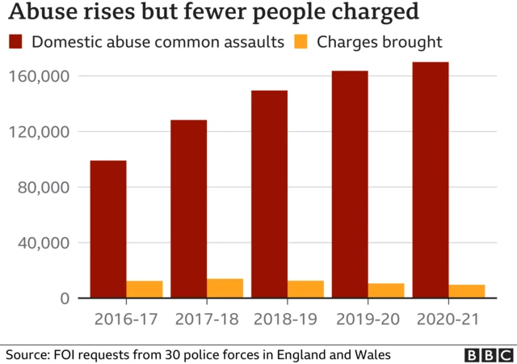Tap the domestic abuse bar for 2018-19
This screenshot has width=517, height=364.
click(x=269, y=194)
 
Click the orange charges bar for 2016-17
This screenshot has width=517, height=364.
click(x=145, y=290)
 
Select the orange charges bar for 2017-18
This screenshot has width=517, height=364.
click(x=225, y=289)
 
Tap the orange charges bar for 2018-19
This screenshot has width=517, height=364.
click(x=305, y=290)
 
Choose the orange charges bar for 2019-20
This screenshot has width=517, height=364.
click(x=385, y=291)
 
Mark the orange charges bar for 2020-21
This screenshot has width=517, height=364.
click(x=466, y=291)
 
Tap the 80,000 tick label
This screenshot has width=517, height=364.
click(x=45, y=187)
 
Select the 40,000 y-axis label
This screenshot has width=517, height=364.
click(x=45, y=243)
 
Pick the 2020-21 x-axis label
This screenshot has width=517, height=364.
click(x=448, y=319)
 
